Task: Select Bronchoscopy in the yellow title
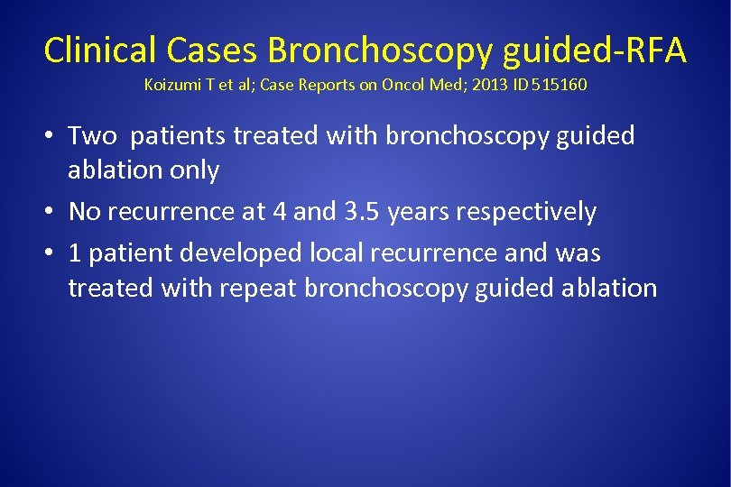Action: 380,51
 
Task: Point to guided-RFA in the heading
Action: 595,51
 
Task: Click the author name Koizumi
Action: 172,87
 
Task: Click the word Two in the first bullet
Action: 93,136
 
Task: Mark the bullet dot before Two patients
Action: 50,137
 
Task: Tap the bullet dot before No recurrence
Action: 50,213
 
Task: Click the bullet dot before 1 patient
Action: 50,254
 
